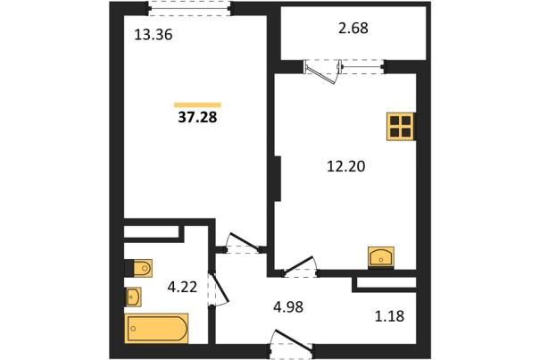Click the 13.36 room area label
154,35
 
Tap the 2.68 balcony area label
353,28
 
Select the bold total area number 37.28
197,118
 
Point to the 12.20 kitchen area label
345,166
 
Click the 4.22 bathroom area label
182,287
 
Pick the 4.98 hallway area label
288,307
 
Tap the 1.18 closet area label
389,316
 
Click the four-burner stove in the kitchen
400,127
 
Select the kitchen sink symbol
381,256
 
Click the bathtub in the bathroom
156,328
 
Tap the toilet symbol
138,268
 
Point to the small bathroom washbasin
133,297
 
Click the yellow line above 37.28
197,105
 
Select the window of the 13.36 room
189,8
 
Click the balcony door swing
323,71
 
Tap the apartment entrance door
291,343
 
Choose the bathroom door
219,289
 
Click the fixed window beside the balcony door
363,67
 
